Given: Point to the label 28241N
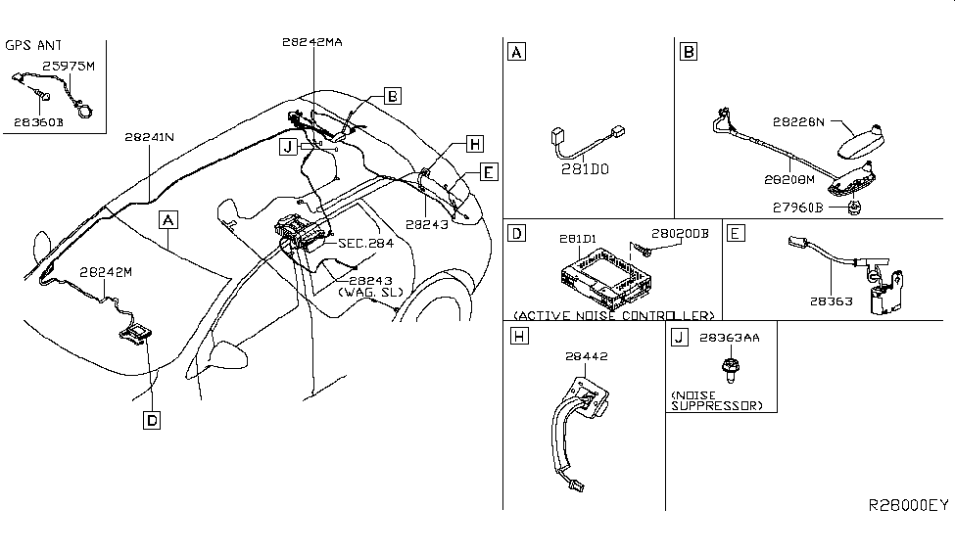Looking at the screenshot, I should tap(149, 138).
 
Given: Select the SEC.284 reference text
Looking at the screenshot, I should tap(365, 243).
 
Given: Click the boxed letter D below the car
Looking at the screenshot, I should tap(151, 420).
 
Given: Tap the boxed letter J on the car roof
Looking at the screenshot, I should tap(287, 147).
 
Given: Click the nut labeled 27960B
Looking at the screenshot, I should tap(854, 208).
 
